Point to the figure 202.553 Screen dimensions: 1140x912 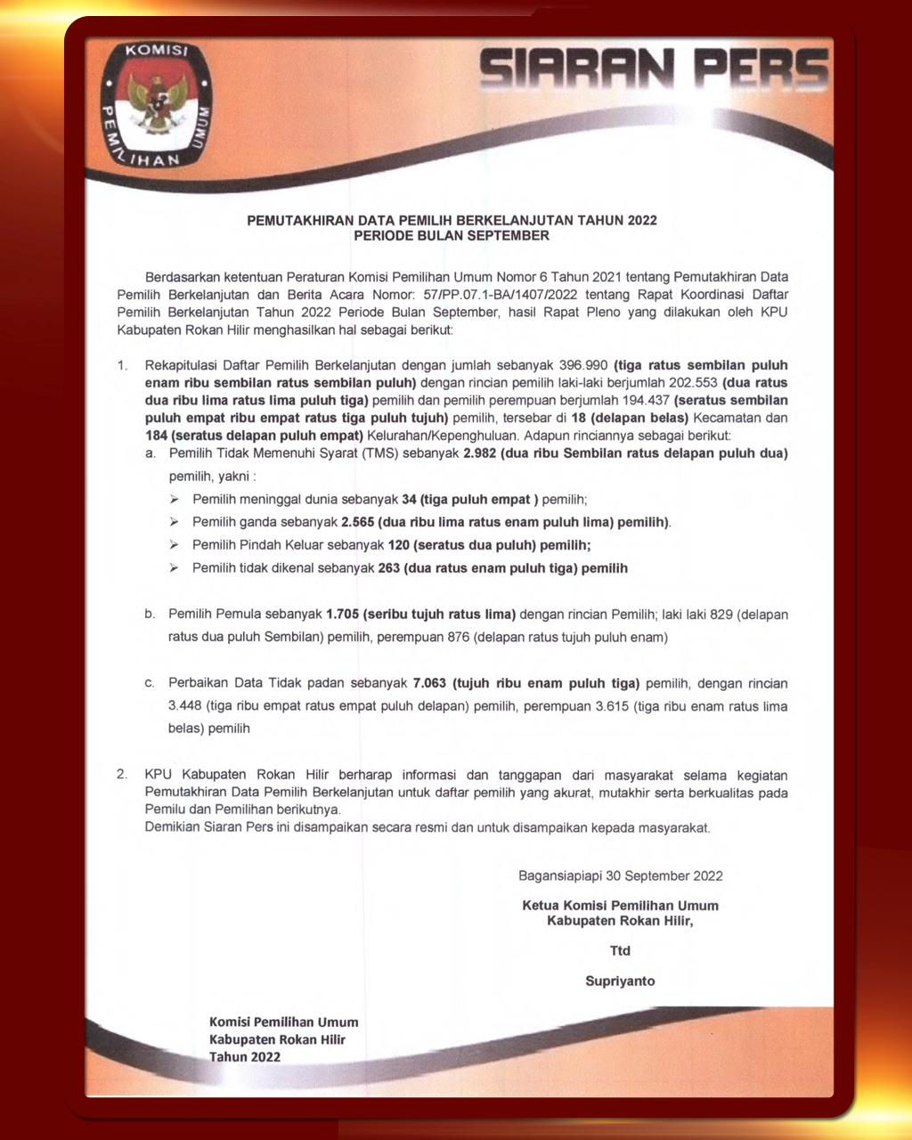690,383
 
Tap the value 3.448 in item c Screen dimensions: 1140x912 185,706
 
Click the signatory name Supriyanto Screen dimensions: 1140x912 620,981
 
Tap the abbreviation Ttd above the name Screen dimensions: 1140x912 620,950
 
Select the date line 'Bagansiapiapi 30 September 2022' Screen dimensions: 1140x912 621,875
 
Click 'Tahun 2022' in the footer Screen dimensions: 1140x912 245,1057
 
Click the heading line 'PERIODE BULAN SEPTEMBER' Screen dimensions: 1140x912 452,236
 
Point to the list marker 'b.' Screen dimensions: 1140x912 151,615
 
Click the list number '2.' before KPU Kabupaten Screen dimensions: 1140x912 123,776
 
